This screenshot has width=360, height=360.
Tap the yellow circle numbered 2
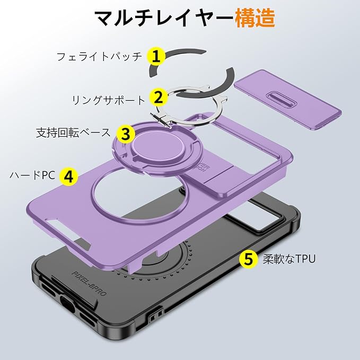point(158,97)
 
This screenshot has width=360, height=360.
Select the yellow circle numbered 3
point(125,133)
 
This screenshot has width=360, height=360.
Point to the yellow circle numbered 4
point(69,175)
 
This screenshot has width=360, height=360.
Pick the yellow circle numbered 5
point(248,259)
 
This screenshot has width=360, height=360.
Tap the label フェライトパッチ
point(99,56)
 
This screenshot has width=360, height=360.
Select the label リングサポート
point(109,99)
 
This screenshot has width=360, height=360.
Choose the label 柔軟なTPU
point(289,259)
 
